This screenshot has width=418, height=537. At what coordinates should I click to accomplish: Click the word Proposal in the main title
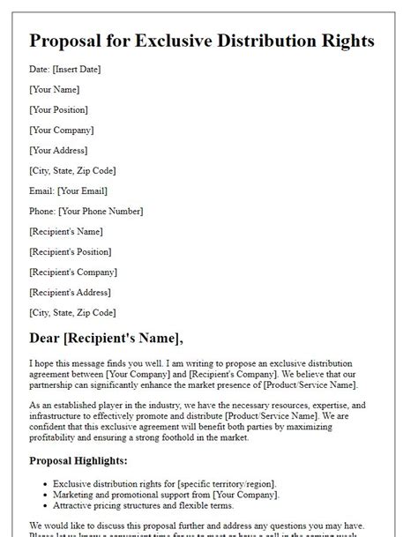(75, 41)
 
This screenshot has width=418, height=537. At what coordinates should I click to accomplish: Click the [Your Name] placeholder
(55, 89)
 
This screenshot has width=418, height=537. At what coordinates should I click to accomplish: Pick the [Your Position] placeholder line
(59, 109)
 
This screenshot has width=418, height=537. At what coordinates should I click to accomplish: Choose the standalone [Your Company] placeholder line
(61, 130)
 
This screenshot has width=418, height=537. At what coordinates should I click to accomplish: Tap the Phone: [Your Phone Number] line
(86, 211)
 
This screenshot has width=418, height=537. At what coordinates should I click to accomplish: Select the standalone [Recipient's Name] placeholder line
(66, 231)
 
